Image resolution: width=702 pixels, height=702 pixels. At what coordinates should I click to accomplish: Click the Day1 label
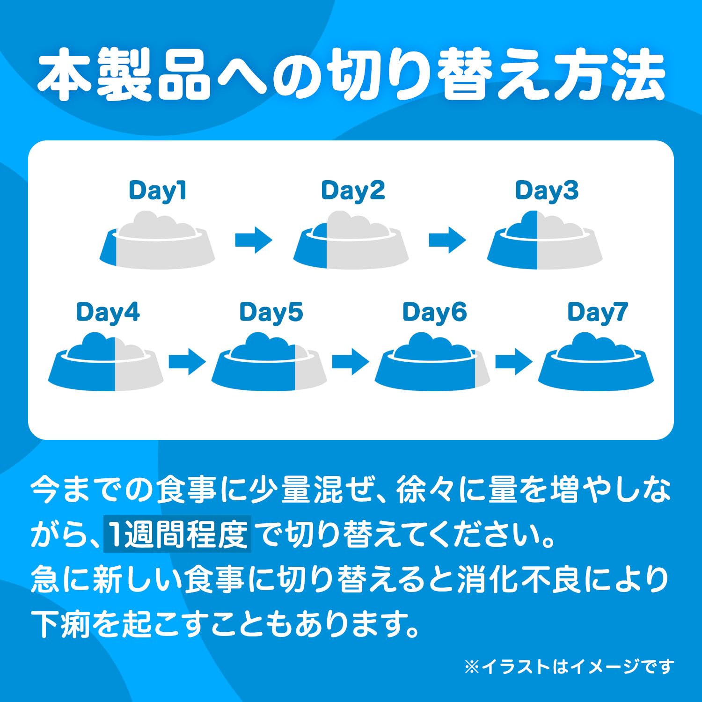[x=157, y=191]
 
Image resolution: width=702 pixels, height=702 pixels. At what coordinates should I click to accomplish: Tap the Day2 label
[x=353, y=191]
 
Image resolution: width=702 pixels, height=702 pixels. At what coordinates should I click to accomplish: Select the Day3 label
[x=547, y=191]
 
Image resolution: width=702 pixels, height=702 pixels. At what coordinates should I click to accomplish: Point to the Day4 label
[x=108, y=312]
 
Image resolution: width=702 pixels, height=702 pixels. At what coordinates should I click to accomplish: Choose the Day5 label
[x=271, y=312]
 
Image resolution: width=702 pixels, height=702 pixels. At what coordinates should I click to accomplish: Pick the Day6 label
[x=434, y=312]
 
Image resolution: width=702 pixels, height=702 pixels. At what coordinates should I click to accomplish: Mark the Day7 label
[x=597, y=312]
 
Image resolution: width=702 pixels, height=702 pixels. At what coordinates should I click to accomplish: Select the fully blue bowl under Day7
[x=596, y=362]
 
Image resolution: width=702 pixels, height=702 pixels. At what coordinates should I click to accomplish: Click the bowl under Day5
[x=269, y=362]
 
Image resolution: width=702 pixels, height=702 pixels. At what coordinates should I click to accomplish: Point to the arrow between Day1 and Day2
[x=254, y=240]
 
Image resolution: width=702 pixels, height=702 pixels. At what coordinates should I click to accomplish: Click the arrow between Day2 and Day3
[x=447, y=240]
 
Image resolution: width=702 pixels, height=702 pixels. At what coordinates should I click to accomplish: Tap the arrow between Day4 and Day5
[x=187, y=361]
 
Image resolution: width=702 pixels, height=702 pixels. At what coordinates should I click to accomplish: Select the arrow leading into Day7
[x=514, y=361]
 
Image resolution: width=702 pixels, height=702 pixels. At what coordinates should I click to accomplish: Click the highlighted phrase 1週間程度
[x=177, y=534]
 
